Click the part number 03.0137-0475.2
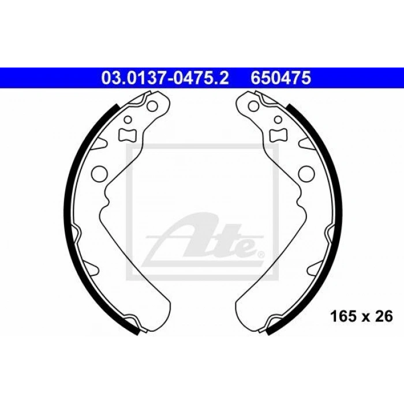[165, 78]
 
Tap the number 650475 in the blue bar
[281, 78]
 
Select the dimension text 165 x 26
[361, 316]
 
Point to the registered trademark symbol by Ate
[261, 255]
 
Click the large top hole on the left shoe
[152, 106]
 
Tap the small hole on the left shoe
[128, 119]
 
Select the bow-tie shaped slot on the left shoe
[127, 134]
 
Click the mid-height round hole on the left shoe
[99, 173]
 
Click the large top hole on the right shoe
[254, 106]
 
